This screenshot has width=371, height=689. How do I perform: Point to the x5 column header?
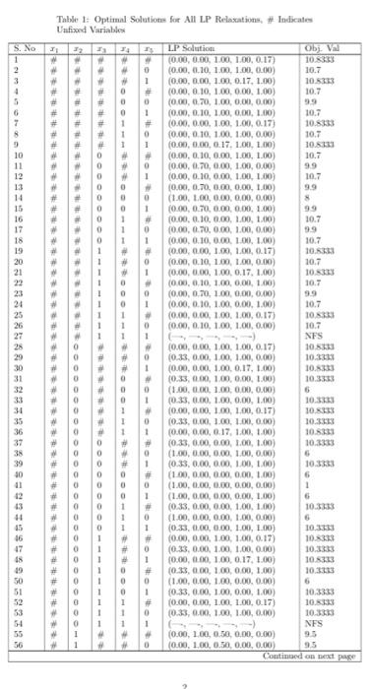click(146, 46)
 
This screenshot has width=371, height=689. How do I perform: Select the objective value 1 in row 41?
click(308, 483)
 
